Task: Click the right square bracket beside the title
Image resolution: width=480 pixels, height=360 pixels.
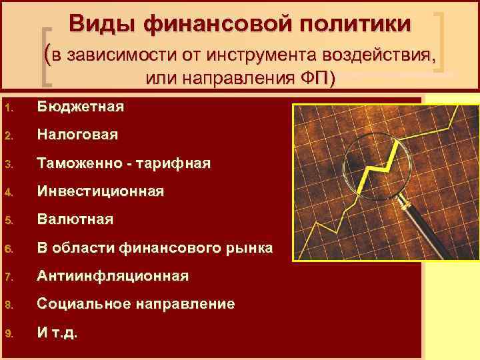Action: [x=441, y=40]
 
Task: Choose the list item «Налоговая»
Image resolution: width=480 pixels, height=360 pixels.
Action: [x=77, y=135]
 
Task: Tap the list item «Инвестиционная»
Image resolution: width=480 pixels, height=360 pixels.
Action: [x=100, y=191]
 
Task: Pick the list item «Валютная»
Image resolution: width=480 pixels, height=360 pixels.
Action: [x=75, y=219]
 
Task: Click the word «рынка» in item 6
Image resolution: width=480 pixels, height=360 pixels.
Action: [x=250, y=248]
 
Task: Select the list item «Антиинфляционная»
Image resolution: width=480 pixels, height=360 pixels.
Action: [x=113, y=275]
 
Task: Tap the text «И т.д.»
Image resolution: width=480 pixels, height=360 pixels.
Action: [x=57, y=332]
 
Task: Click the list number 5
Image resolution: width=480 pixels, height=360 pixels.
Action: [x=7, y=220]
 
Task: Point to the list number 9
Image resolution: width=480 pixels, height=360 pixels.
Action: [x=7, y=333]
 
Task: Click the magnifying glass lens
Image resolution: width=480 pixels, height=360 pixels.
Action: [x=377, y=161]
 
